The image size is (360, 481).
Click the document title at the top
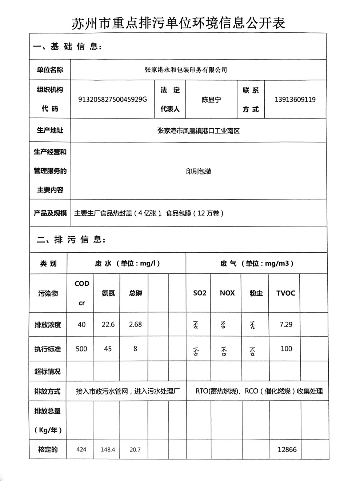(178, 23)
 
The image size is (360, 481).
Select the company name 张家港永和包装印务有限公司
(186, 69)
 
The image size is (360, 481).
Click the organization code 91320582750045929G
(113, 99)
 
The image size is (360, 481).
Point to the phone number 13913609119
(295, 99)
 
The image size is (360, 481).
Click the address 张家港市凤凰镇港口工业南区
(199, 131)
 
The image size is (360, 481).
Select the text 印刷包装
(199, 171)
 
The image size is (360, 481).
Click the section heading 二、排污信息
(71, 240)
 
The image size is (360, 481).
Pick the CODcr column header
(82, 293)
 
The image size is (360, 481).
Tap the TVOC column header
(285, 293)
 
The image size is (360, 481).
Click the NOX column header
(227, 293)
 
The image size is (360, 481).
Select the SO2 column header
(200, 293)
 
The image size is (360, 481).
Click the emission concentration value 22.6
(108, 324)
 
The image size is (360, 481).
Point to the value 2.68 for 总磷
(135, 324)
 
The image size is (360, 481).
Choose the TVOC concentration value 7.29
(286, 324)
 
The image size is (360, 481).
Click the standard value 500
(81, 349)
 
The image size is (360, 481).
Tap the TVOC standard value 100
(286, 349)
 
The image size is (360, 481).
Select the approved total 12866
(287, 449)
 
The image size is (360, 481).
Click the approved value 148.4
(108, 450)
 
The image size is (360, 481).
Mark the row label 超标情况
(48, 371)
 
